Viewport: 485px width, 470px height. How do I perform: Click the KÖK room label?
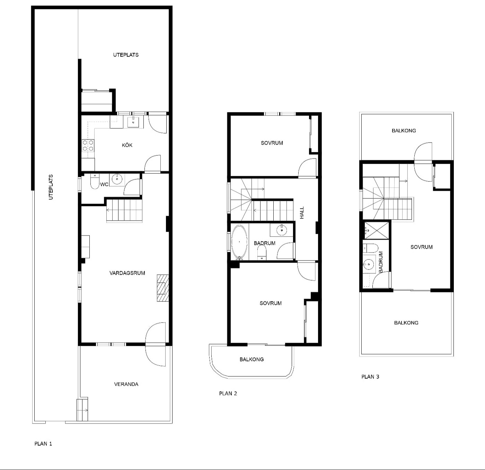pos(127,145)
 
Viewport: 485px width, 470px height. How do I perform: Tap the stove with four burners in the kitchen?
pos(88,146)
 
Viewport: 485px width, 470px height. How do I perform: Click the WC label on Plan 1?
pos(104,184)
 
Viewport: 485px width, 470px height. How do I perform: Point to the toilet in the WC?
pos(95,181)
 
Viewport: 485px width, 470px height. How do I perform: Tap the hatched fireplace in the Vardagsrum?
pos(163,288)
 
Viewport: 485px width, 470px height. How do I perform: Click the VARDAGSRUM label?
pos(127,273)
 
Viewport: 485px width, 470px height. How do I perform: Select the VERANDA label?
pos(126,384)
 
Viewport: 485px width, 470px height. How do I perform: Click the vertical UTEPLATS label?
pos(51,187)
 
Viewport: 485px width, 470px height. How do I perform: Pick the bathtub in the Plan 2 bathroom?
pos(239,242)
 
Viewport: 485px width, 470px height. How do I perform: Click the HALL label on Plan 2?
pos(302,213)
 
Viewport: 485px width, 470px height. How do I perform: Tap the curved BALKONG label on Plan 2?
pos(252,359)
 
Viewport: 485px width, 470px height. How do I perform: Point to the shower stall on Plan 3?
pos(376,230)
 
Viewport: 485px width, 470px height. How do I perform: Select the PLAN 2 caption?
pos(228,393)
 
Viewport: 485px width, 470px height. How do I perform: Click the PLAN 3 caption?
pos(370,377)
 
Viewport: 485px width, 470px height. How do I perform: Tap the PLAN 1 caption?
pos(43,444)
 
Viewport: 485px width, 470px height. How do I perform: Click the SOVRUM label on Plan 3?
pos(422,247)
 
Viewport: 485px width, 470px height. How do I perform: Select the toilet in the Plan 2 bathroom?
pos(262,253)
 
